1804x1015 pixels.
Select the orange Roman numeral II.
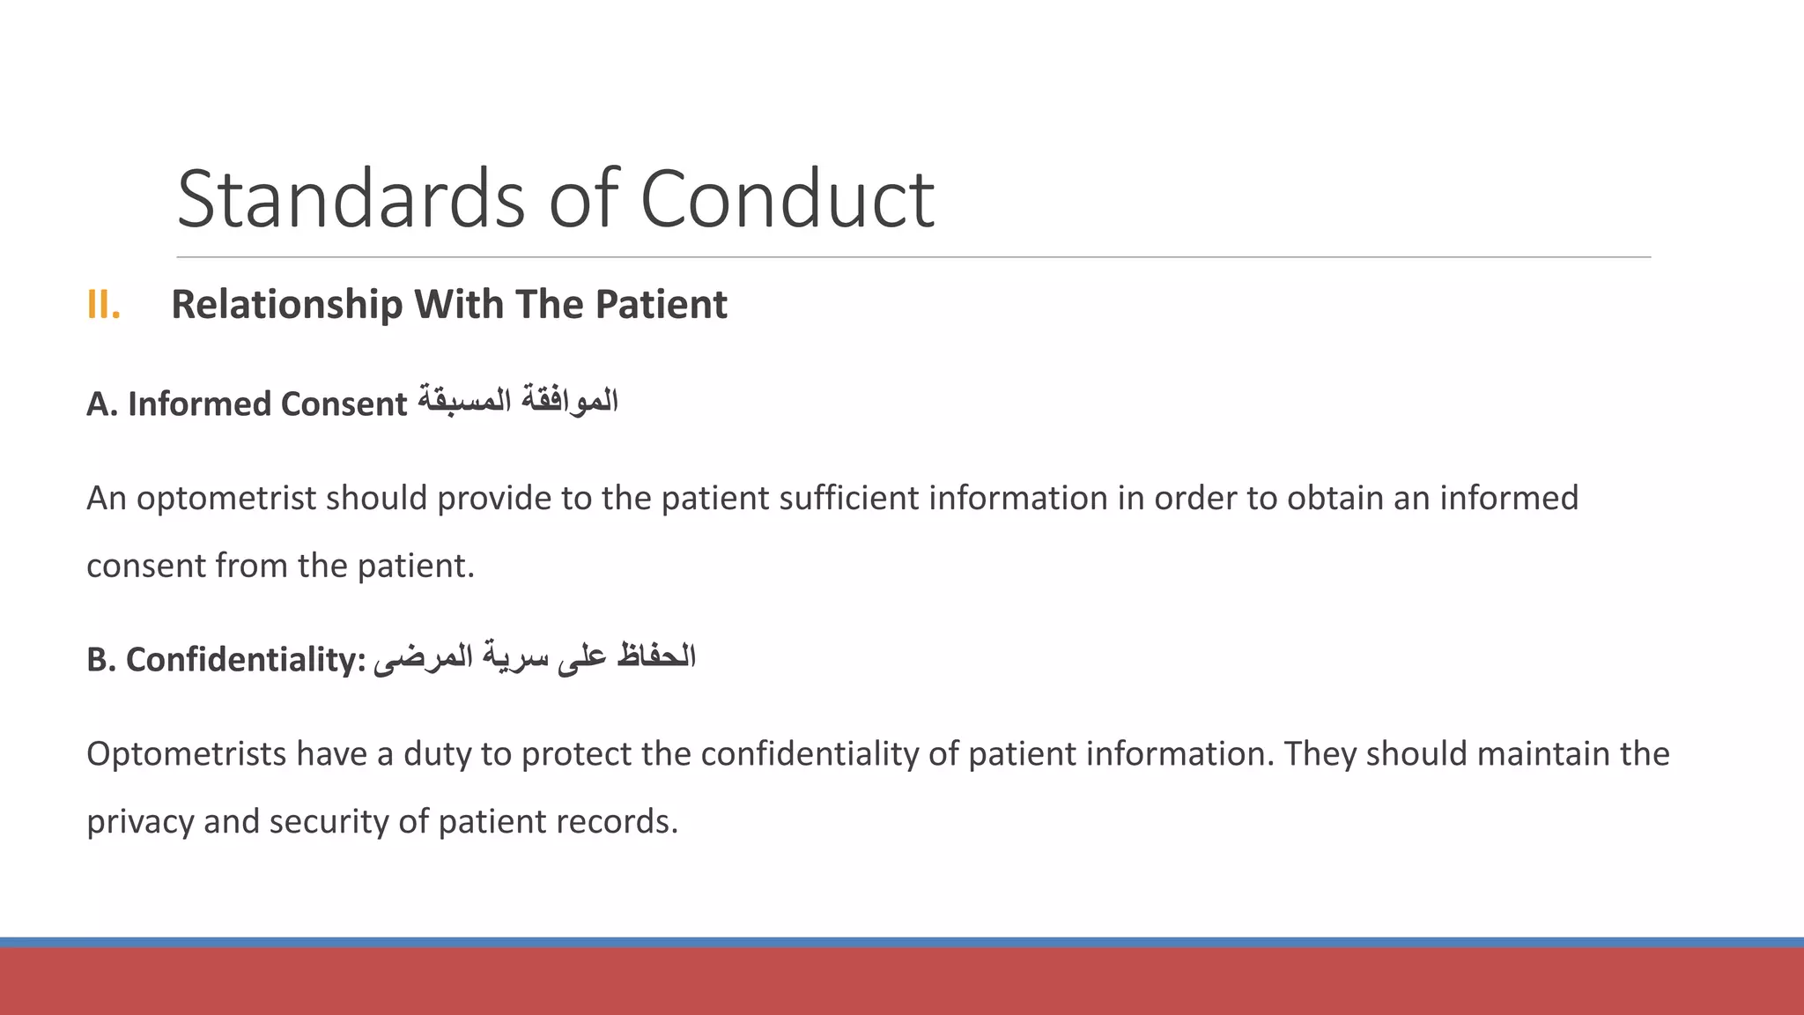point(103,305)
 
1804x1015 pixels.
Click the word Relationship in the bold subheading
point(286,305)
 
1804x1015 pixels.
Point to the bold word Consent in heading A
point(344,404)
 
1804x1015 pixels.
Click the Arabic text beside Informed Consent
point(518,401)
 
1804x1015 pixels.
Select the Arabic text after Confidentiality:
point(535,657)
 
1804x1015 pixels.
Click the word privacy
point(140,822)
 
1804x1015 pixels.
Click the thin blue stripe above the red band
point(902,942)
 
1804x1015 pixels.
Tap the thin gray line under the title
point(913,257)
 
